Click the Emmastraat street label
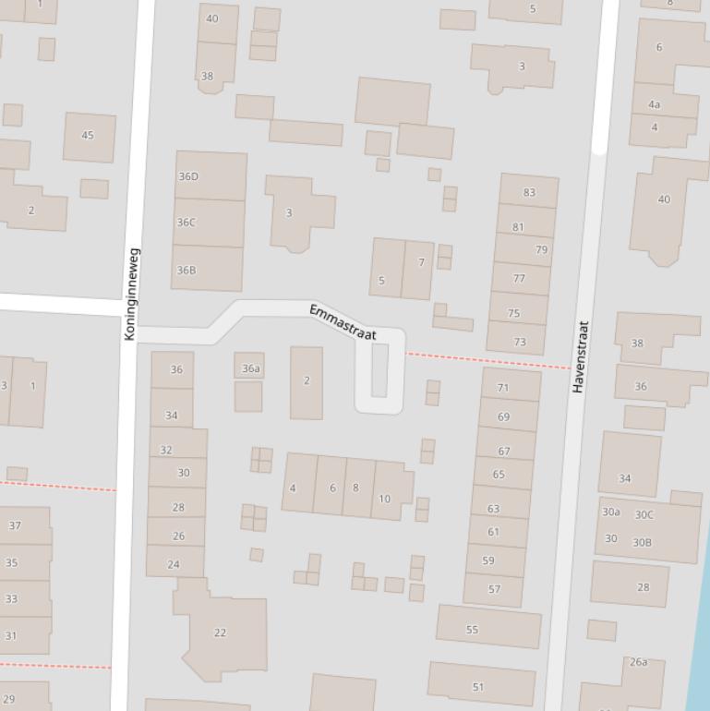click(343, 322)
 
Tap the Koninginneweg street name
click(132, 294)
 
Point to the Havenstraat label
click(581, 356)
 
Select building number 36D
click(188, 176)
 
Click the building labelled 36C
click(187, 223)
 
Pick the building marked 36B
click(187, 271)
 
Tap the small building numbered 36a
click(250, 368)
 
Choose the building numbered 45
click(88, 136)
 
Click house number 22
click(220, 633)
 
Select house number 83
click(529, 192)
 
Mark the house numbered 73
click(519, 342)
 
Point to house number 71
click(503, 388)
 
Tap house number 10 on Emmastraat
click(384, 499)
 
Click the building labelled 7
click(421, 263)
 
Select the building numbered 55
click(473, 630)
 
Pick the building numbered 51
click(478, 686)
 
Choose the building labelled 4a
click(655, 105)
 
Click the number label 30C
click(644, 515)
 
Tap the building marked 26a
click(638, 662)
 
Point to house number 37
click(15, 525)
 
